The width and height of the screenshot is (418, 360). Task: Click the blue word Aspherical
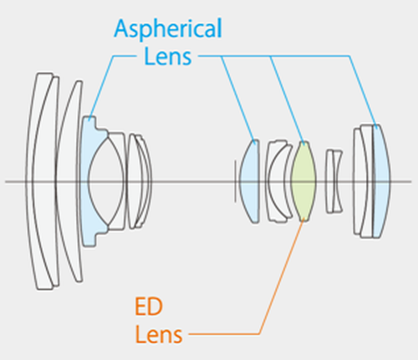coord(168,28)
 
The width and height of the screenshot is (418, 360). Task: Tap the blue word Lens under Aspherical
coord(168,57)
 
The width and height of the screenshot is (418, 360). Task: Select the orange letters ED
coord(149,307)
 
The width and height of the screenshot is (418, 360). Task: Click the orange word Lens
coord(159,334)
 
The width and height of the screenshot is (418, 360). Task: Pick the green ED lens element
coord(303,181)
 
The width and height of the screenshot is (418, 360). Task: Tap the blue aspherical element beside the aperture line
coord(249,181)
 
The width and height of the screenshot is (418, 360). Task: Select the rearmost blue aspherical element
coord(382,181)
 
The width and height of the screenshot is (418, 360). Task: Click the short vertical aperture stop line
coord(235,181)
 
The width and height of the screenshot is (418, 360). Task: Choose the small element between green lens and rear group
coord(334,181)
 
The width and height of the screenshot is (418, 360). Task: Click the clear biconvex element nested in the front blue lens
coord(106,181)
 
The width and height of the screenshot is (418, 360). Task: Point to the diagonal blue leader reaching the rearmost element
coord(363,92)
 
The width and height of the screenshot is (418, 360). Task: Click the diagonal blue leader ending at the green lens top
coord(287,100)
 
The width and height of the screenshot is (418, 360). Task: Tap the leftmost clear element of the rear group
coord(358,181)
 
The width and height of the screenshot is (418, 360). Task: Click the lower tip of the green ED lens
coord(304,221)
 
